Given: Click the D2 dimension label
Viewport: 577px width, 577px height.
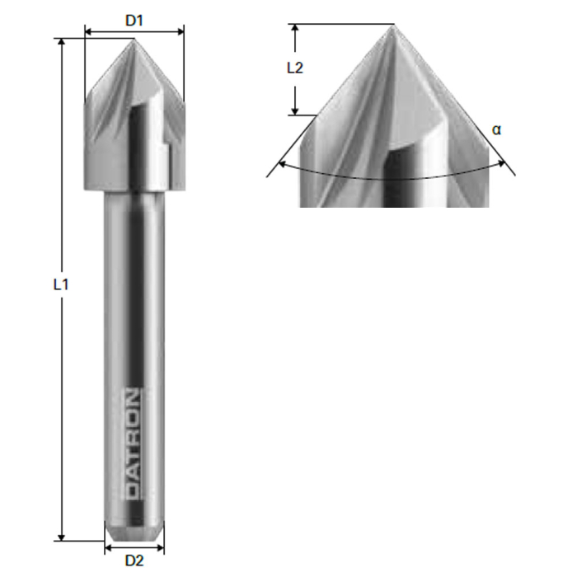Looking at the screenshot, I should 134,561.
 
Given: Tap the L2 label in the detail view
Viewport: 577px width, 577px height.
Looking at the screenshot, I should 294,68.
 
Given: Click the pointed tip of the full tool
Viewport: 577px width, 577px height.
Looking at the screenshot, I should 134,40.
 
